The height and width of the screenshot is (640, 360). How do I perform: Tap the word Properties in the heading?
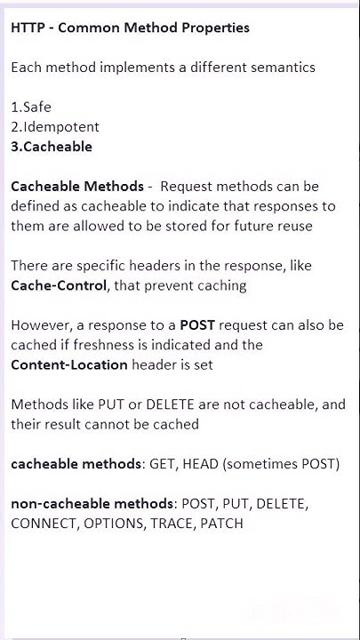point(212,28)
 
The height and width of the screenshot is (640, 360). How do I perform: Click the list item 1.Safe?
point(31,107)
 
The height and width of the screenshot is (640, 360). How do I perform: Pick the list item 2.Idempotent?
point(55,126)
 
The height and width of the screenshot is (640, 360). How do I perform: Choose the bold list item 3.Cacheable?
point(52,147)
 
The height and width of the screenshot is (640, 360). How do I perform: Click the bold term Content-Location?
point(69,364)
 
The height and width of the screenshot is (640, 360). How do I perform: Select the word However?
point(40,324)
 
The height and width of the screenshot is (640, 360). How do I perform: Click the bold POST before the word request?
point(197,324)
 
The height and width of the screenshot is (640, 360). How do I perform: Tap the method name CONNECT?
point(44,524)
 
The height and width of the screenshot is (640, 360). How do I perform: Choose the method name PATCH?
point(222,524)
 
